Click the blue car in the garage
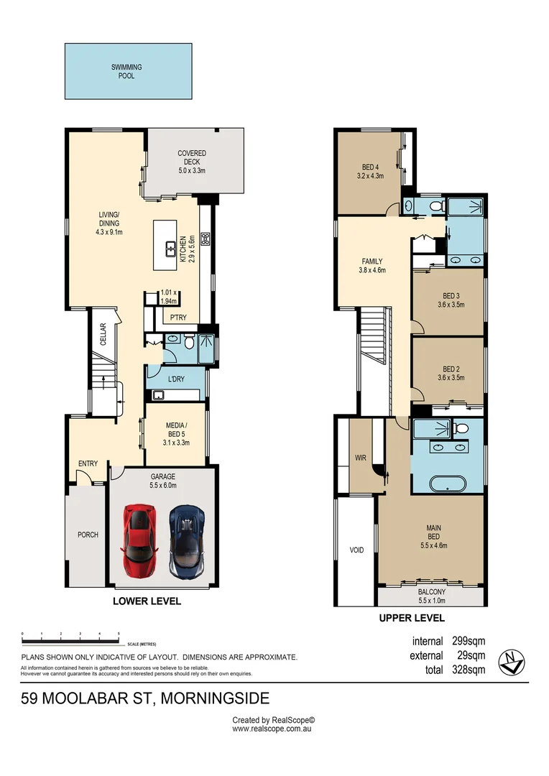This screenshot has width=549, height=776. point(187,542)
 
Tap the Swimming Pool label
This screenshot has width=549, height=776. point(126,71)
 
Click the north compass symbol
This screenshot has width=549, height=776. point(512,662)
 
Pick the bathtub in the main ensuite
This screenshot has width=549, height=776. point(448,484)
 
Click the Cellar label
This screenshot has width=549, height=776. point(103,334)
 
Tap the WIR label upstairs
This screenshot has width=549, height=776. point(361,458)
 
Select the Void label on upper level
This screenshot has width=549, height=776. point(356,550)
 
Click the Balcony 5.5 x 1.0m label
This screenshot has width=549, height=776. point(432,596)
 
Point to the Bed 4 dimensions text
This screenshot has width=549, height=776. point(370,176)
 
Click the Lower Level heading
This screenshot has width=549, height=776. point(147,601)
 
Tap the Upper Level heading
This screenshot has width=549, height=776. point(412,618)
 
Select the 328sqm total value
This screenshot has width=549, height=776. point(469,670)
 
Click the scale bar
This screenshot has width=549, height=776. point(70,641)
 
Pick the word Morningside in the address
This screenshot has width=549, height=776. point(216,698)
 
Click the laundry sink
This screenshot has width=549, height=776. point(158,394)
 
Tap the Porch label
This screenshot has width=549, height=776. point(88,535)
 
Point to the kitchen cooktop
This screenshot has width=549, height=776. point(206,239)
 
